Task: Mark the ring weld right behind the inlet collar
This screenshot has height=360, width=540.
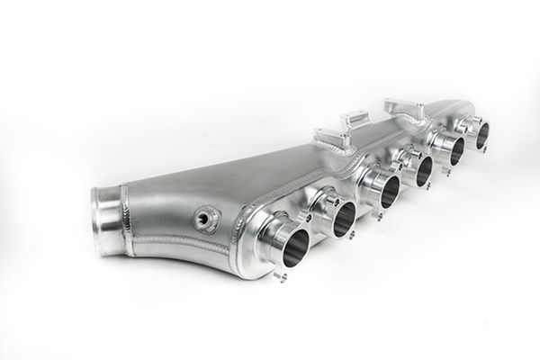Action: pos(126,216)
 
